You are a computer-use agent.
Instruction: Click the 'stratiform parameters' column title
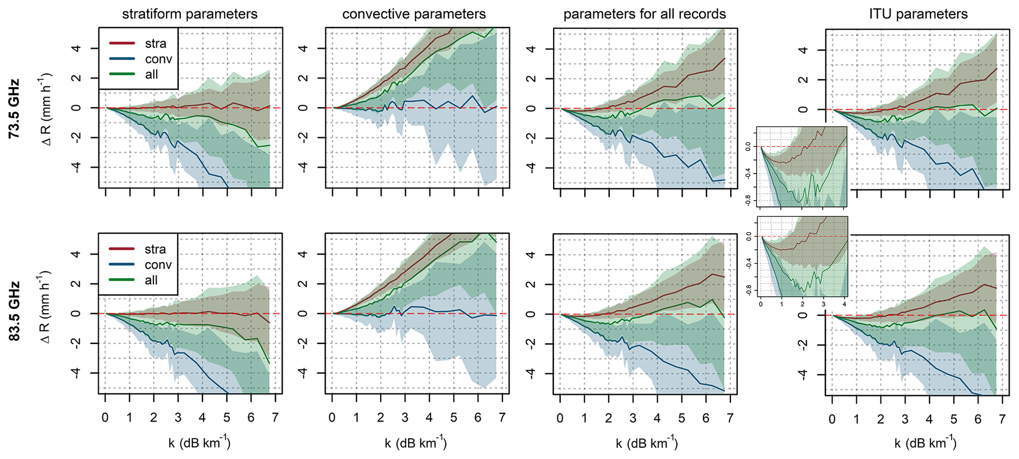tap(190, 14)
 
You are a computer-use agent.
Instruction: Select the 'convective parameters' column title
tap(414, 14)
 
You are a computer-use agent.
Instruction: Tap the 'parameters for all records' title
tap(644, 14)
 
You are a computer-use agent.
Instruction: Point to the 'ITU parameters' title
tap(918, 14)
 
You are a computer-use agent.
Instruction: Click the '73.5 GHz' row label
tap(14, 108)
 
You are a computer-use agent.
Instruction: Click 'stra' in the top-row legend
tap(155, 43)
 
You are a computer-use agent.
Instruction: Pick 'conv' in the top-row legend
tap(158, 59)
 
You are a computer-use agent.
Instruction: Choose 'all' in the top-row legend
tap(151, 74)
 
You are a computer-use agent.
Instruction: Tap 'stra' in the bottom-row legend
tap(155, 249)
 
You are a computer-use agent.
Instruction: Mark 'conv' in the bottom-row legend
tap(158, 265)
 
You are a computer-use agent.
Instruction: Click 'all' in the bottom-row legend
tap(151, 280)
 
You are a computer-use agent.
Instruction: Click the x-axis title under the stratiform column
tap(199, 442)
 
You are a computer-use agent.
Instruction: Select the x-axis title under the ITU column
tap(925, 443)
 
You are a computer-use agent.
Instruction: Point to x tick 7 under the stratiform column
tap(275, 418)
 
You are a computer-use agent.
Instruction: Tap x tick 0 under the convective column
tap(332, 418)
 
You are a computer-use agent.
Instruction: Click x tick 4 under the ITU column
tap(929, 420)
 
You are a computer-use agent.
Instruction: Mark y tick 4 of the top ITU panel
tap(803, 50)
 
